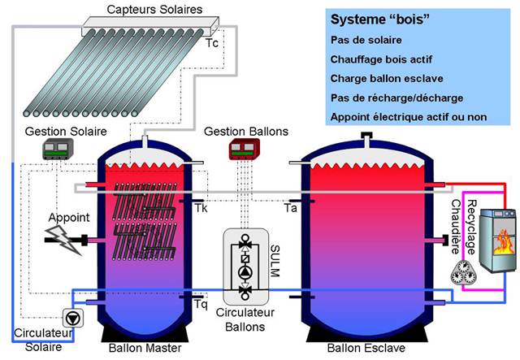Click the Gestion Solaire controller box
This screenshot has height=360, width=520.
58,150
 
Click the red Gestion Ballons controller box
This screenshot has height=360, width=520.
244,150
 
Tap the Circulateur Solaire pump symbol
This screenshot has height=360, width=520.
72,319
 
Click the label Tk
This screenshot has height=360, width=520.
201,208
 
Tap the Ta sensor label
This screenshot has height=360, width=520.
291,208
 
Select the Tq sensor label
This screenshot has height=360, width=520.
201,304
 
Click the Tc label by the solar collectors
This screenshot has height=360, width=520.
212,43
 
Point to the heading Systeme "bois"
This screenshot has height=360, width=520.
379,20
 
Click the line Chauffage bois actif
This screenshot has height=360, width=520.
381,59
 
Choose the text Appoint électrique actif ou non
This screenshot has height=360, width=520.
409,117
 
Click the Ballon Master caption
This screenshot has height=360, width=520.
145,348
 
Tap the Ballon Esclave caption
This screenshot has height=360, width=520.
366,348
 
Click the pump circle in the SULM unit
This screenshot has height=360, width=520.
245,272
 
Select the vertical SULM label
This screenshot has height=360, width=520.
275,261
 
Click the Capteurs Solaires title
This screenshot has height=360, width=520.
154,9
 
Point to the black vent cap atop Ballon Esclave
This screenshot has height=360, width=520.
366,135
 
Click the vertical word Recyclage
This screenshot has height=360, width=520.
471,227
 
